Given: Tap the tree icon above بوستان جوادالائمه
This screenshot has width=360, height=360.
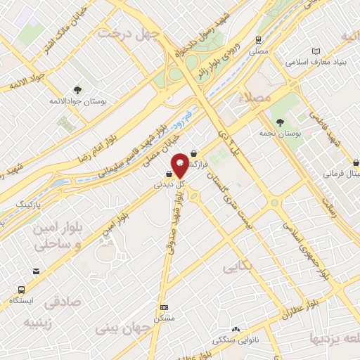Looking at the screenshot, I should tap(77, 90).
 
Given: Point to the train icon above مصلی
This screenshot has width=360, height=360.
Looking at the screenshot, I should tap(259, 40).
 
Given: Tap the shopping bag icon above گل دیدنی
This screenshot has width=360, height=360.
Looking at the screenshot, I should tap(169, 174).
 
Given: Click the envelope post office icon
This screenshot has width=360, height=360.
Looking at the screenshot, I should tap(36, 271).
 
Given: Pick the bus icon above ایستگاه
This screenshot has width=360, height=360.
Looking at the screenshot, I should tap(22, 290).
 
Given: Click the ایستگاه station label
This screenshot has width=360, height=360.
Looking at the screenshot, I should tap(21, 301).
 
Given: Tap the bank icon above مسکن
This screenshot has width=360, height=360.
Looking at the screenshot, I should tap(165, 307).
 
